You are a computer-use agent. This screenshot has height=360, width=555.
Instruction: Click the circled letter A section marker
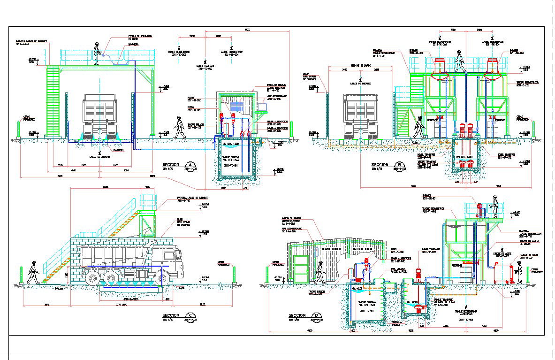190,164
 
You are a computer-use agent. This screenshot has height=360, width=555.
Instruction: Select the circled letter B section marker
400,164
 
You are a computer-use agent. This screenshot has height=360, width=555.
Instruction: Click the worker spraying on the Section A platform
97,54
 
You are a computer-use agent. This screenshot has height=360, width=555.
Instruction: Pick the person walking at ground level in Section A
179,127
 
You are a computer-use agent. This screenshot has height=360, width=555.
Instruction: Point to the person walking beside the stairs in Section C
33,272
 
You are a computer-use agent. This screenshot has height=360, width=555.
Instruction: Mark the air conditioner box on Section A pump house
236,107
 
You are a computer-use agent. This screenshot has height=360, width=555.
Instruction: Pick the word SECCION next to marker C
172,315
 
